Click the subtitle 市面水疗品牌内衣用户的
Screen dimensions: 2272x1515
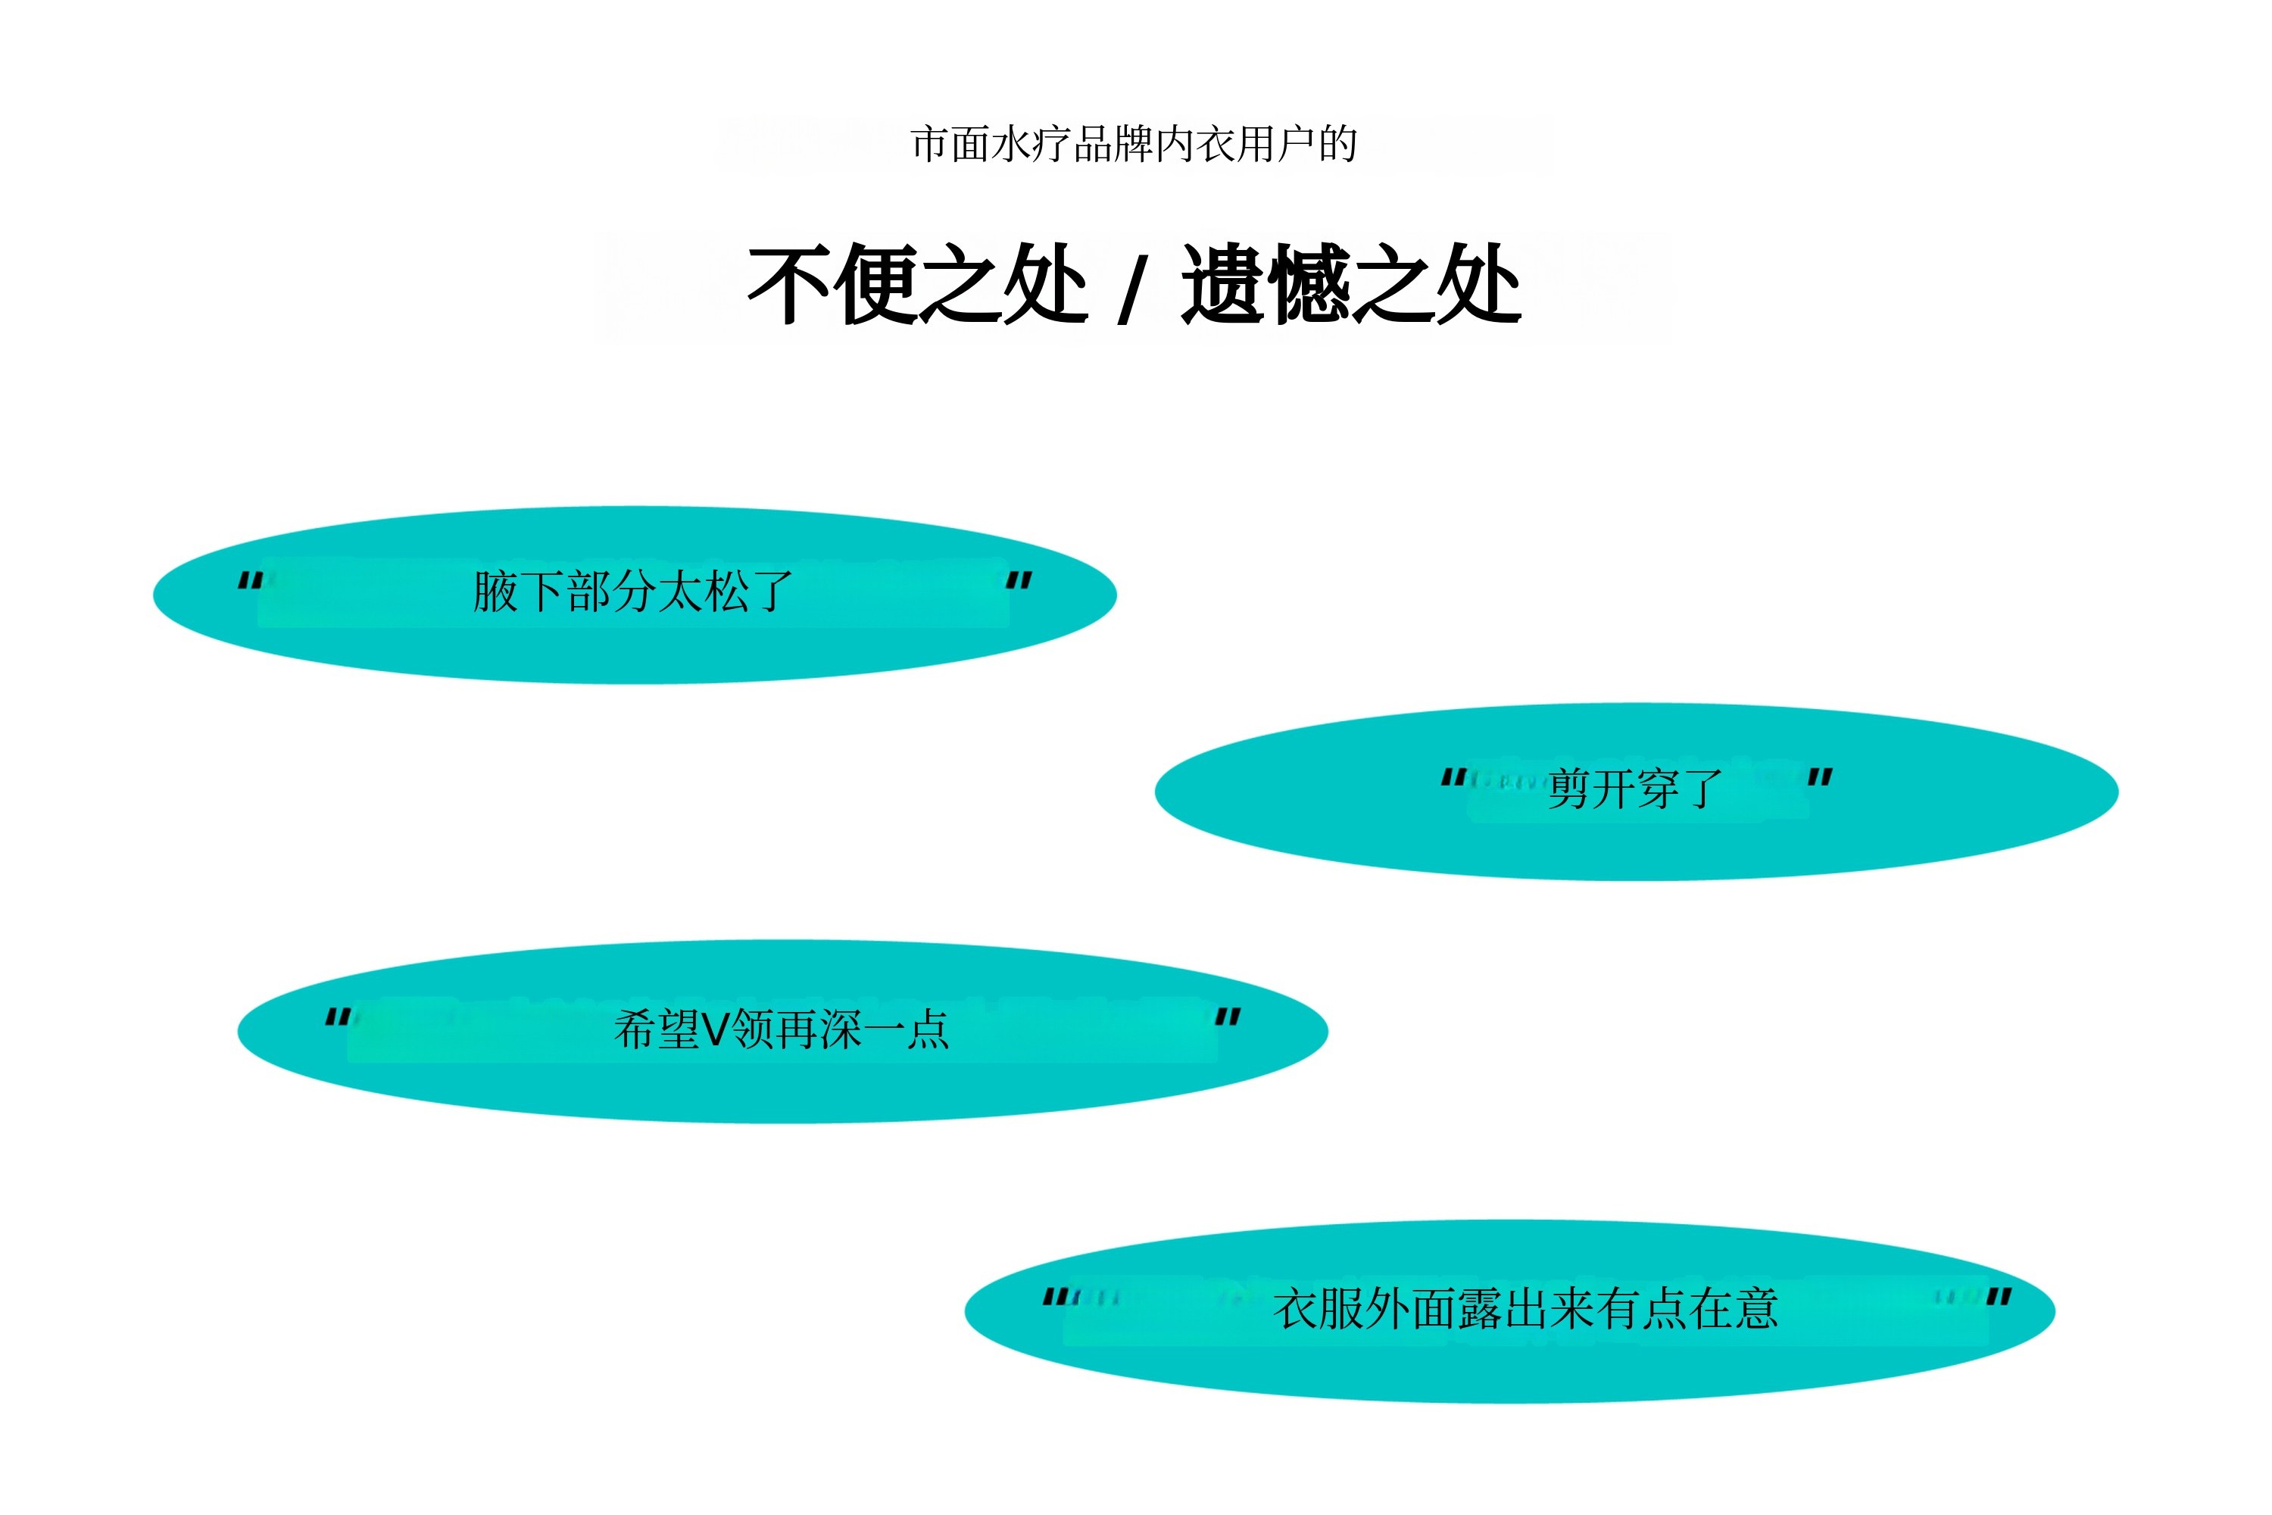1134,145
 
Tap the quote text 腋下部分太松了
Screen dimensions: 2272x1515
632,592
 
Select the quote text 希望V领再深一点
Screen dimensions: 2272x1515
782,1029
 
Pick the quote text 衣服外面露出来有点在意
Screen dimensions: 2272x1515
1525,1309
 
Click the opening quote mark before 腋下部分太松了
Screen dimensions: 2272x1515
250,581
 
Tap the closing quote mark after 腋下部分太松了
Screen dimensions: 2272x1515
1019,579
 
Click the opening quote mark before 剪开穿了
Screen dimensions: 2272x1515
1453,777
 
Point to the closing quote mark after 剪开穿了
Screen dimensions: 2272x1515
1820,777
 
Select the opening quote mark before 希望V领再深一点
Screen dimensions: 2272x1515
337,1017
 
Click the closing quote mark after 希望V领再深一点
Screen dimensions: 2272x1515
1228,1017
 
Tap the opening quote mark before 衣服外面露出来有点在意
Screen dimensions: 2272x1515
1056,1297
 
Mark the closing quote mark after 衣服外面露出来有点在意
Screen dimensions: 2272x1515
1999,1297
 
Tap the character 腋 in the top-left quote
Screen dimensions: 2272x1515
495,592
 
